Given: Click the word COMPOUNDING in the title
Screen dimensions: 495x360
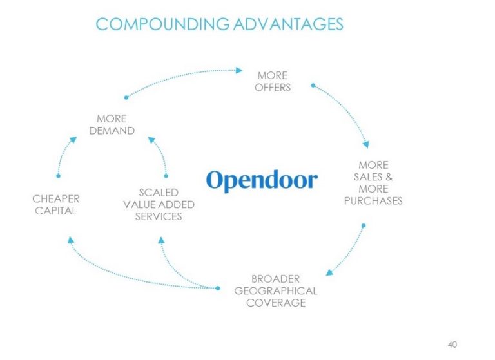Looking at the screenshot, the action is point(162,24).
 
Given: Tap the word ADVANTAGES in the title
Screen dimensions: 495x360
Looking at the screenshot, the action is point(288,24).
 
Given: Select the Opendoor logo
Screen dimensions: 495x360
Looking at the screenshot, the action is point(262,180).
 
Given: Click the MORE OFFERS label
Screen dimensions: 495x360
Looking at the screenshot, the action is point(273,81).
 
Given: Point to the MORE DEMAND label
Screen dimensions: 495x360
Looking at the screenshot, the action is point(112,125).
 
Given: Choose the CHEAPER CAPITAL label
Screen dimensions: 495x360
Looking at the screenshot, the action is point(56,205).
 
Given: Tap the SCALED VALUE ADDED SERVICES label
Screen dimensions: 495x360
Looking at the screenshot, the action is point(159,204).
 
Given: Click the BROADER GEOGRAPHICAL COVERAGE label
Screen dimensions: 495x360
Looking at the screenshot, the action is point(276,290).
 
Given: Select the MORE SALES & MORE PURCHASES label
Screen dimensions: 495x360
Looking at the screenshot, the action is point(373,183).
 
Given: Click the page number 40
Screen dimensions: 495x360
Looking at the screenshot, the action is point(452,345).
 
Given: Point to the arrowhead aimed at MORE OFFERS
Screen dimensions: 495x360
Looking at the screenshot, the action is point(239,70).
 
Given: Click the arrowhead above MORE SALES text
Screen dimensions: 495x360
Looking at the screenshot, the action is point(366,144).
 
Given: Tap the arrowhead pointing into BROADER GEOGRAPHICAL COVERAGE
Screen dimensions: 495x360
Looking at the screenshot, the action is point(329,272).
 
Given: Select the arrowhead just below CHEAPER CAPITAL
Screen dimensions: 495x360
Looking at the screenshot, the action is point(71,240).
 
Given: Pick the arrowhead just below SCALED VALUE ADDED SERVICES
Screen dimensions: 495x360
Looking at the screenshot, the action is point(161,240).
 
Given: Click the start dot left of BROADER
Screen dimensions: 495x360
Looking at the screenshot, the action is point(217,288).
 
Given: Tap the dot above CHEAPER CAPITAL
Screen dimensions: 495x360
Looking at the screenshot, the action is point(58,176).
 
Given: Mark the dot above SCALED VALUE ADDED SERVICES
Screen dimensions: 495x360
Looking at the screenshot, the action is point(166,176).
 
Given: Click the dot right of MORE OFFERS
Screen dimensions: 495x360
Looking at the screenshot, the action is point(313,85).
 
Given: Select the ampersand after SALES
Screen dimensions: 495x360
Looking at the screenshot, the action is point(389,177).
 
